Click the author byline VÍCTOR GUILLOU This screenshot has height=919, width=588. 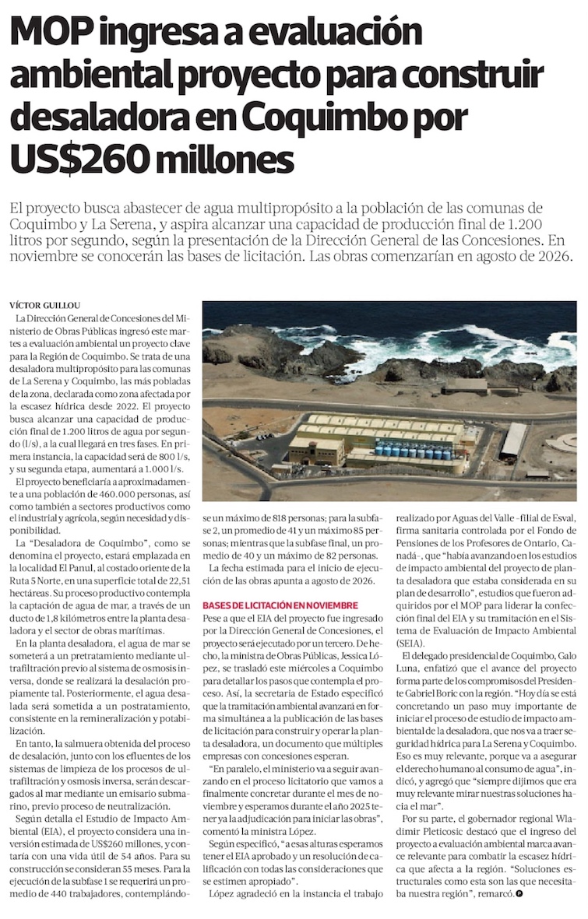pyautogui.click(x=44, y=304)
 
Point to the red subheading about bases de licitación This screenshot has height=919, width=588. pyautogui.click(x=280, y=605)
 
